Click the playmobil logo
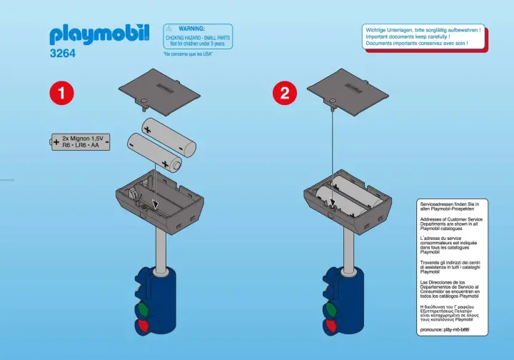[x=99, y=34]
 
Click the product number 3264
[x=63, y=53]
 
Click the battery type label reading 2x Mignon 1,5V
[x=84, y=136]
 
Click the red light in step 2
[x=331, y=327]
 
